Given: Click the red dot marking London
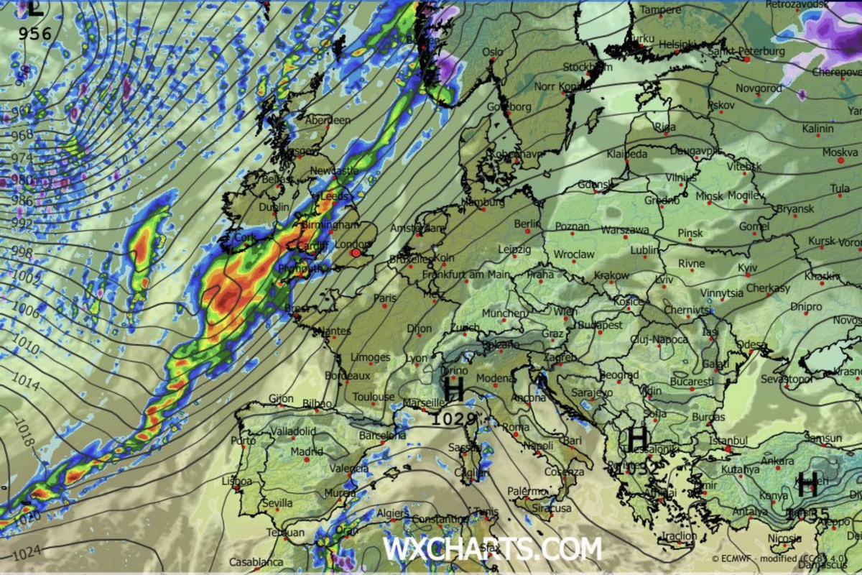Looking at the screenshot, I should click(x=356, y=253).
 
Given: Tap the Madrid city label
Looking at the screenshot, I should click(x=307, y=452).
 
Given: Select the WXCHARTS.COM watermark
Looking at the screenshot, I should click(x=492, y=549).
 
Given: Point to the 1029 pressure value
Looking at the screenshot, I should click(x=453, y=419).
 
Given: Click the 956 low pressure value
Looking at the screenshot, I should click(x=34, y=34).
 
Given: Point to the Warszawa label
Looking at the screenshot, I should click(x=625, y=231).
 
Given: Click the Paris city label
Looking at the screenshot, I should click(x=385, y=298).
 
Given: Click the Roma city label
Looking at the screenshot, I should click(x=515, y=428).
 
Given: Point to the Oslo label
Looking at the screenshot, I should click(x=492, y=52).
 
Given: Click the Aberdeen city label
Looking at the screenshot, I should click(x=328, y=121).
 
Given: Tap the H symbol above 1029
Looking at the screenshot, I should click(x=453, y=390).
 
